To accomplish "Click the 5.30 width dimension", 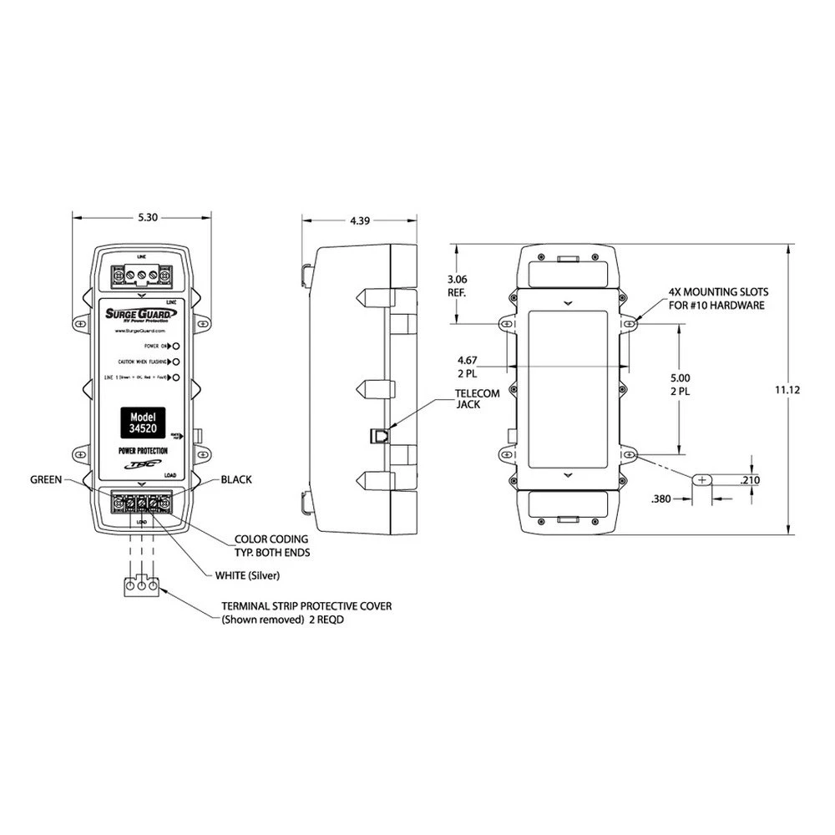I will [146, 217].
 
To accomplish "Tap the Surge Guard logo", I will [138, 315].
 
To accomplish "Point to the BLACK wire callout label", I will [236, 479].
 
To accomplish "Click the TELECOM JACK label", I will [477, 398].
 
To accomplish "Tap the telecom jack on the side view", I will [377, 434].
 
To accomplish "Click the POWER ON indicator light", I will [177, 345].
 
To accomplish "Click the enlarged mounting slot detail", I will [701, 480].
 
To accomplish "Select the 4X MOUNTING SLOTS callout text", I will [718, 299].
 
